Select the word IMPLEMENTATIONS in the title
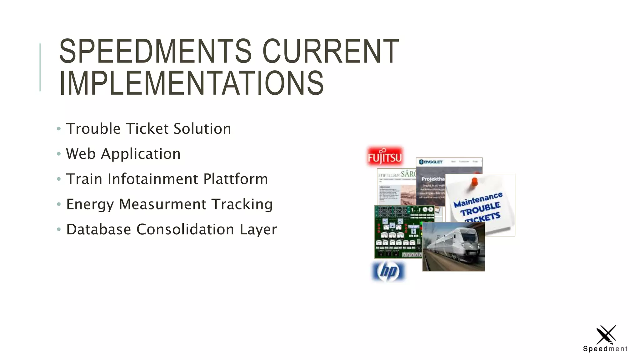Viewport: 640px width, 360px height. pos(192,83)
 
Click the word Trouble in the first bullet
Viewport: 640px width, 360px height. pos(93,129)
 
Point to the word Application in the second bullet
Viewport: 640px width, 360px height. pos(141,154)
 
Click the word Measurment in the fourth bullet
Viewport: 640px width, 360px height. pos(162,204)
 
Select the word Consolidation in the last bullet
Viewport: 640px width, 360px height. pos(185,229)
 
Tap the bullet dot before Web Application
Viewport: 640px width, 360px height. pos(59,154)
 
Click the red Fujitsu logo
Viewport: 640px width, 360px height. pos(385,157)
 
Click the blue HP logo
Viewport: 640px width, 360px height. pos(388,271)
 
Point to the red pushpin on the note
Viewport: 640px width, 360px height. pos(474,182)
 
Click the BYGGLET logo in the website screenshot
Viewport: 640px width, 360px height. pos(431,162)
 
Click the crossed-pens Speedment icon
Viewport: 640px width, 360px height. pos(606,335)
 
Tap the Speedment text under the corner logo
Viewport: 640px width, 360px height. pos(605,349)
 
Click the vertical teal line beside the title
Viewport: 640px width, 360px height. pos(40,67)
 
